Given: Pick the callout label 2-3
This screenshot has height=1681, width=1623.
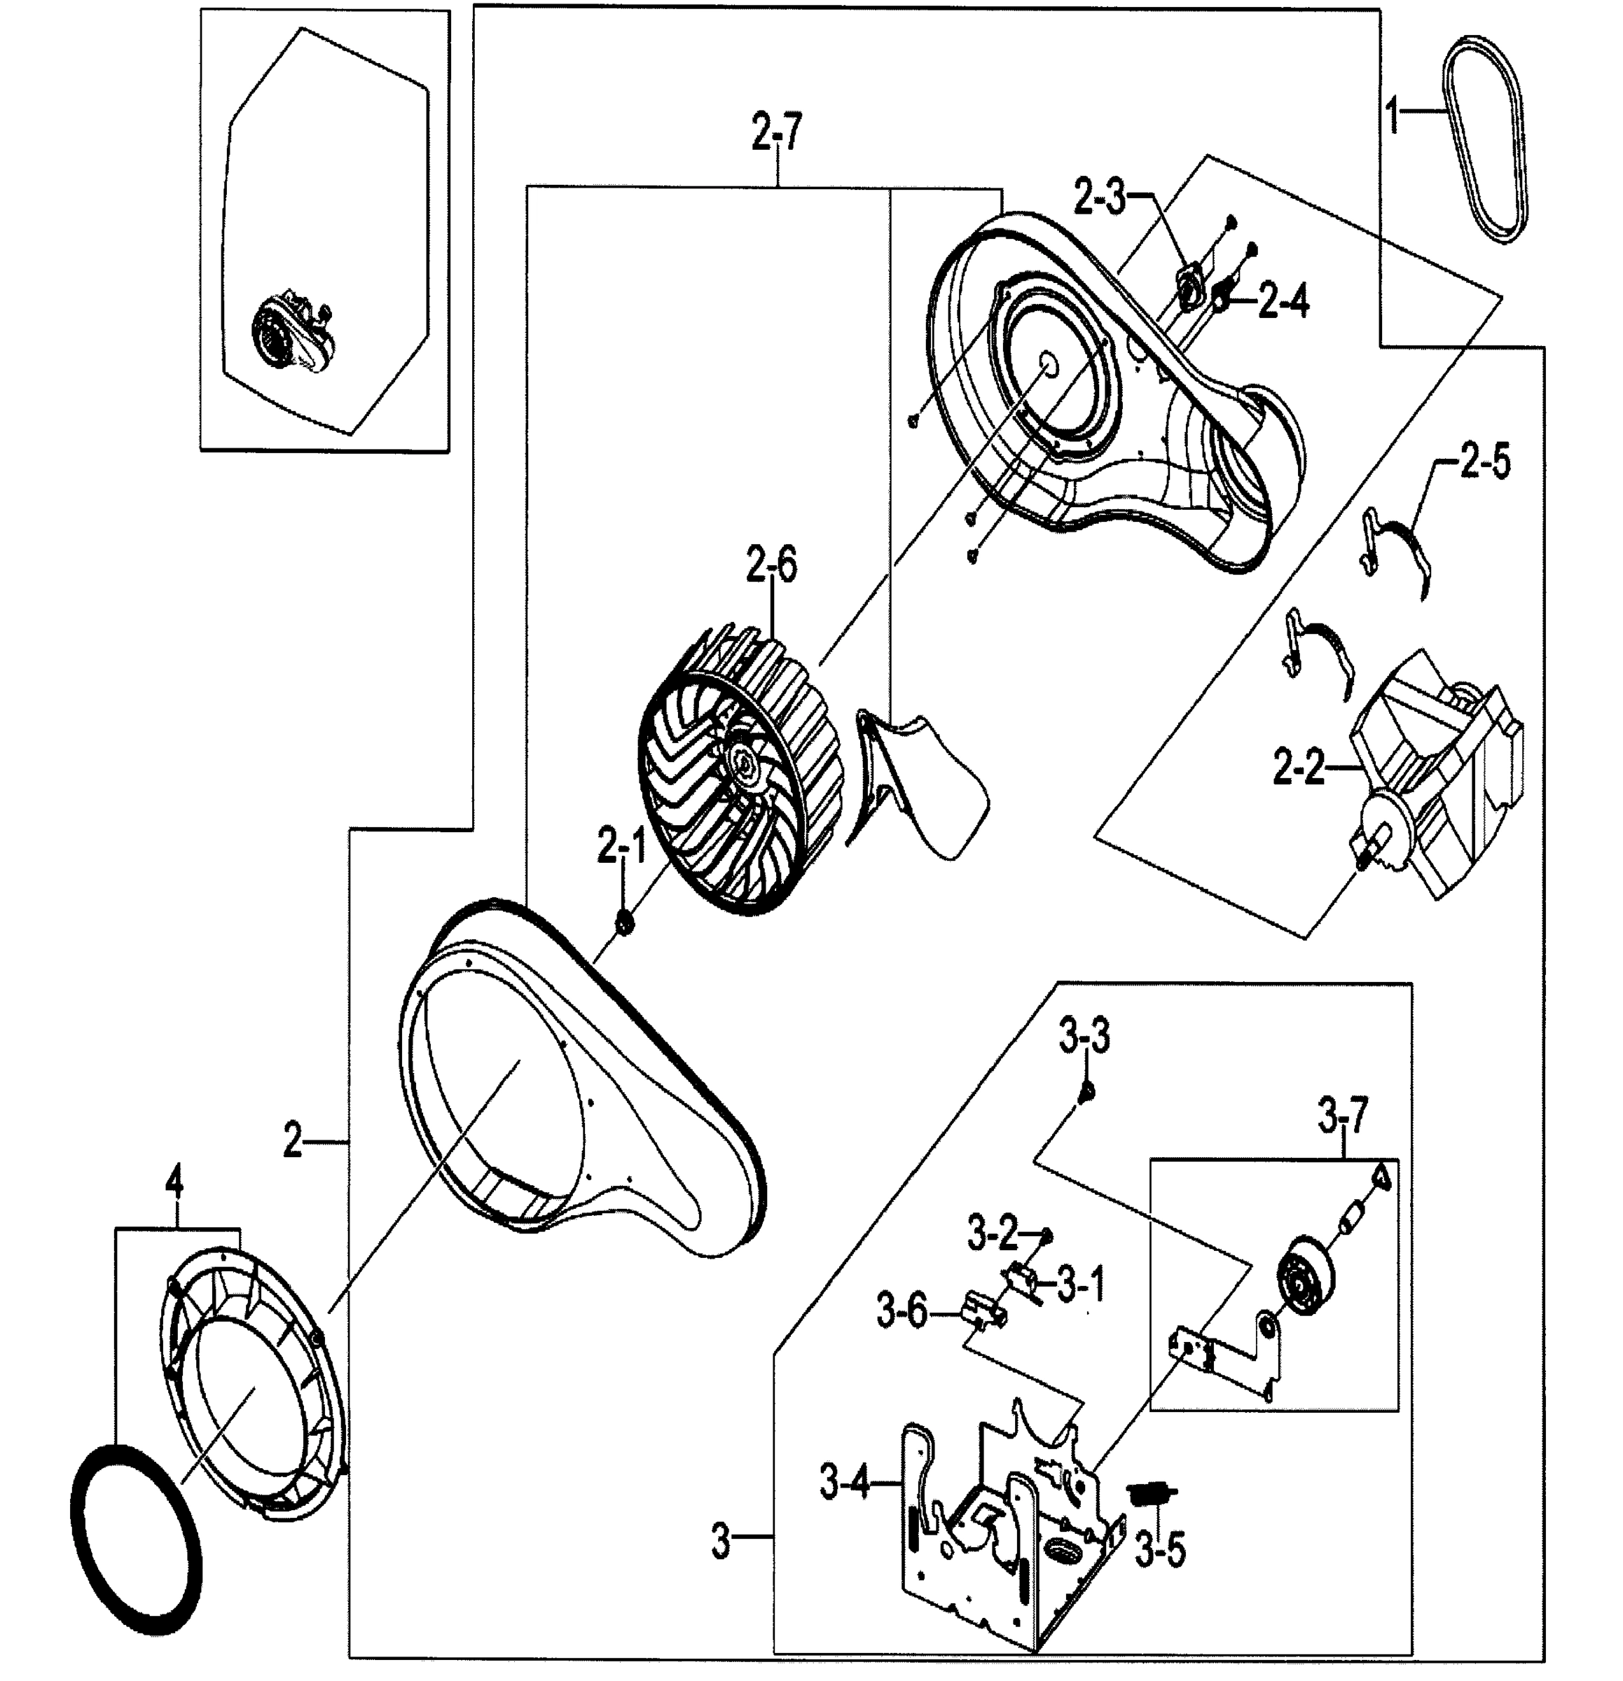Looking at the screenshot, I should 1100,199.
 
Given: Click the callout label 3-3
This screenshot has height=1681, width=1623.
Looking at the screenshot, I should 1084,1036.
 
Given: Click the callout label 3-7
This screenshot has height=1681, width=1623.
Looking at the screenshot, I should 1343,1118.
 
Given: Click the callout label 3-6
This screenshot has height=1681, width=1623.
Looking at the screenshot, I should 902,1311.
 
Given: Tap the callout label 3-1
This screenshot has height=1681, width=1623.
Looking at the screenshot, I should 1081,1285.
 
